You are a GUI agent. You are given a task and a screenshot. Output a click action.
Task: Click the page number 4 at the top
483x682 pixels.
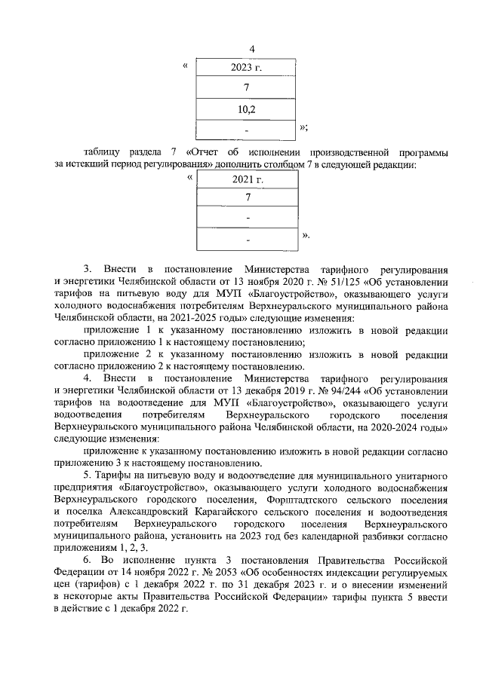coord(241,50)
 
